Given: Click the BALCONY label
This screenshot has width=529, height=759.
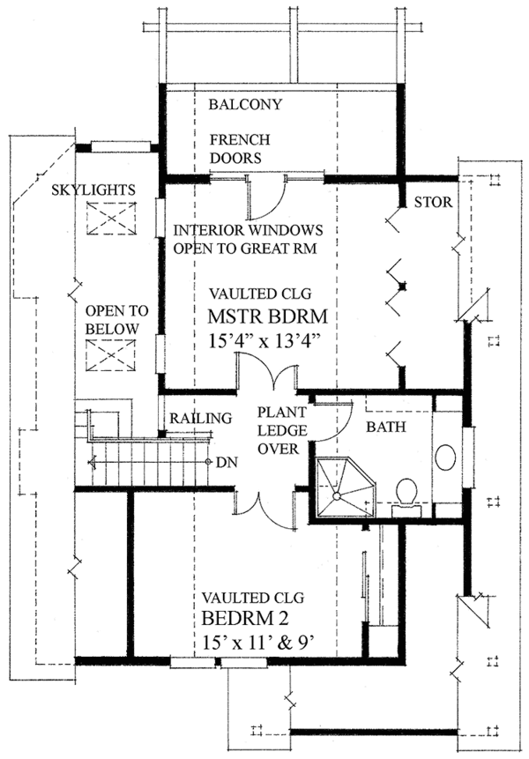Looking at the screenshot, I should [245, 105].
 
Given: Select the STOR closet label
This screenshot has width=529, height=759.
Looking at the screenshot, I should [432, 203].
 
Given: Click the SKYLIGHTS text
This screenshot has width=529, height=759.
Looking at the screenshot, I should [92, 190].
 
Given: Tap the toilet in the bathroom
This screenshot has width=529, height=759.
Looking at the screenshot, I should [407, 492].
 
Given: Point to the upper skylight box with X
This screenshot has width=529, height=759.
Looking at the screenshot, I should [113, 218].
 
